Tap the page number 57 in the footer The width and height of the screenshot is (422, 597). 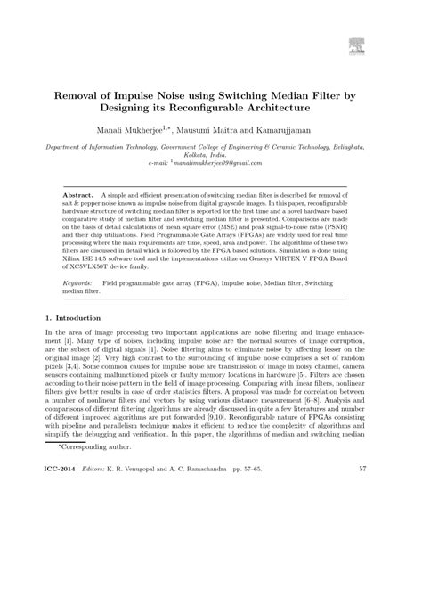pyautogui.click(x=362, y=568)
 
